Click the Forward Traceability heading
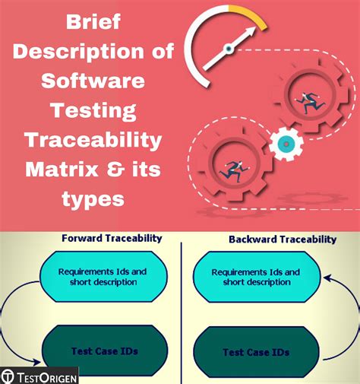[x=111, y=238]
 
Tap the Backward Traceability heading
[x=282, y=239]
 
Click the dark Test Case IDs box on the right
[x=255, y=352]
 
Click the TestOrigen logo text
[x=46, y=376]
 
